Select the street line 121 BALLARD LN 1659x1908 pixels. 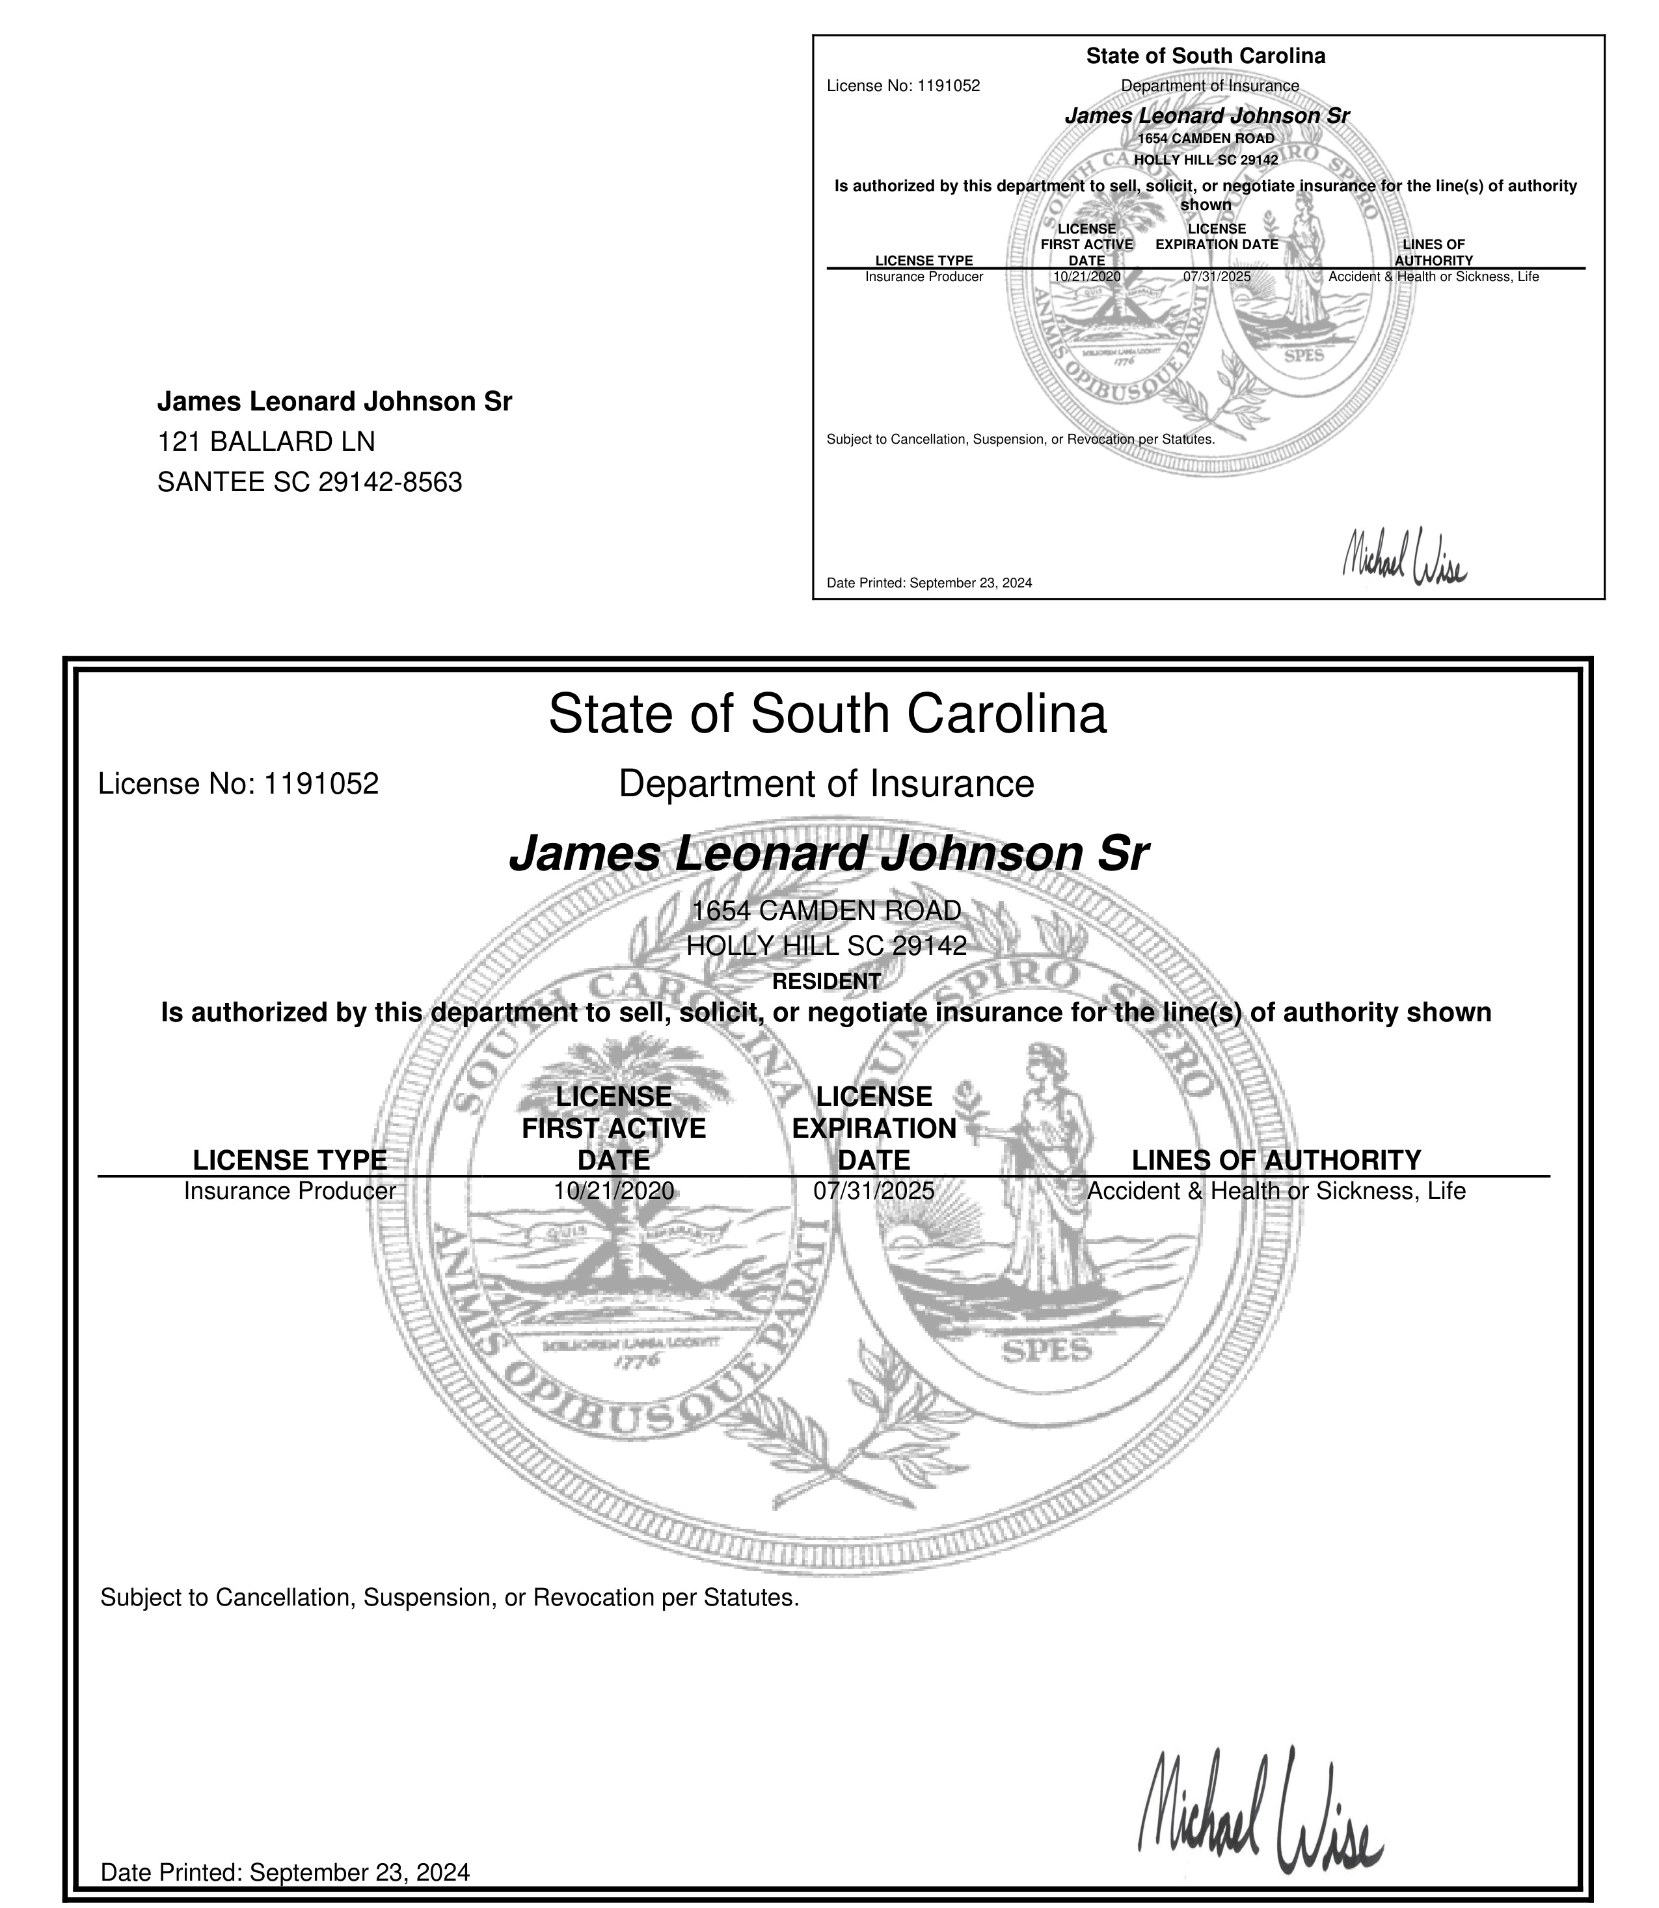coord(267,442)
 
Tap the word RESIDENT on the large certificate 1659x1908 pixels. coord(827,980)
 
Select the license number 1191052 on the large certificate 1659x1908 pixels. coord(321,784)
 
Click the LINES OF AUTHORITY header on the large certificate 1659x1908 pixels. coord(1276,1160)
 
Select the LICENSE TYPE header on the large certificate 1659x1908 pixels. coord(290,1160)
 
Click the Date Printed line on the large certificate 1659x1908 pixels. coord(285,1873)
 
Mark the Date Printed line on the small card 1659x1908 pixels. coord(928,584)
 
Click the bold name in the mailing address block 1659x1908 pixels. coord(334,402)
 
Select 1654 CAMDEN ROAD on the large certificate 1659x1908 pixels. coord(827,911)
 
